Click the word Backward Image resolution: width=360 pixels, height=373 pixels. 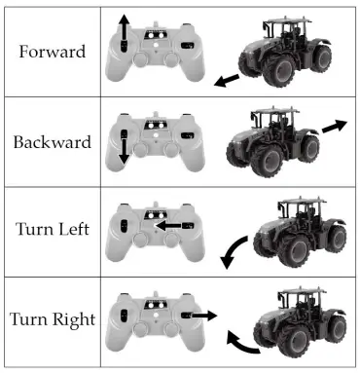[52, 142]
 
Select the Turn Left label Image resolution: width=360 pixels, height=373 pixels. [52, 231]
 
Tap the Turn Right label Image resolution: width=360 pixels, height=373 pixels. [52, 319]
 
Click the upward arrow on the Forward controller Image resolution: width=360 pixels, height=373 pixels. [124, 30]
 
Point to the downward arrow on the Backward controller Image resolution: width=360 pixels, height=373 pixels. [124, 148]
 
